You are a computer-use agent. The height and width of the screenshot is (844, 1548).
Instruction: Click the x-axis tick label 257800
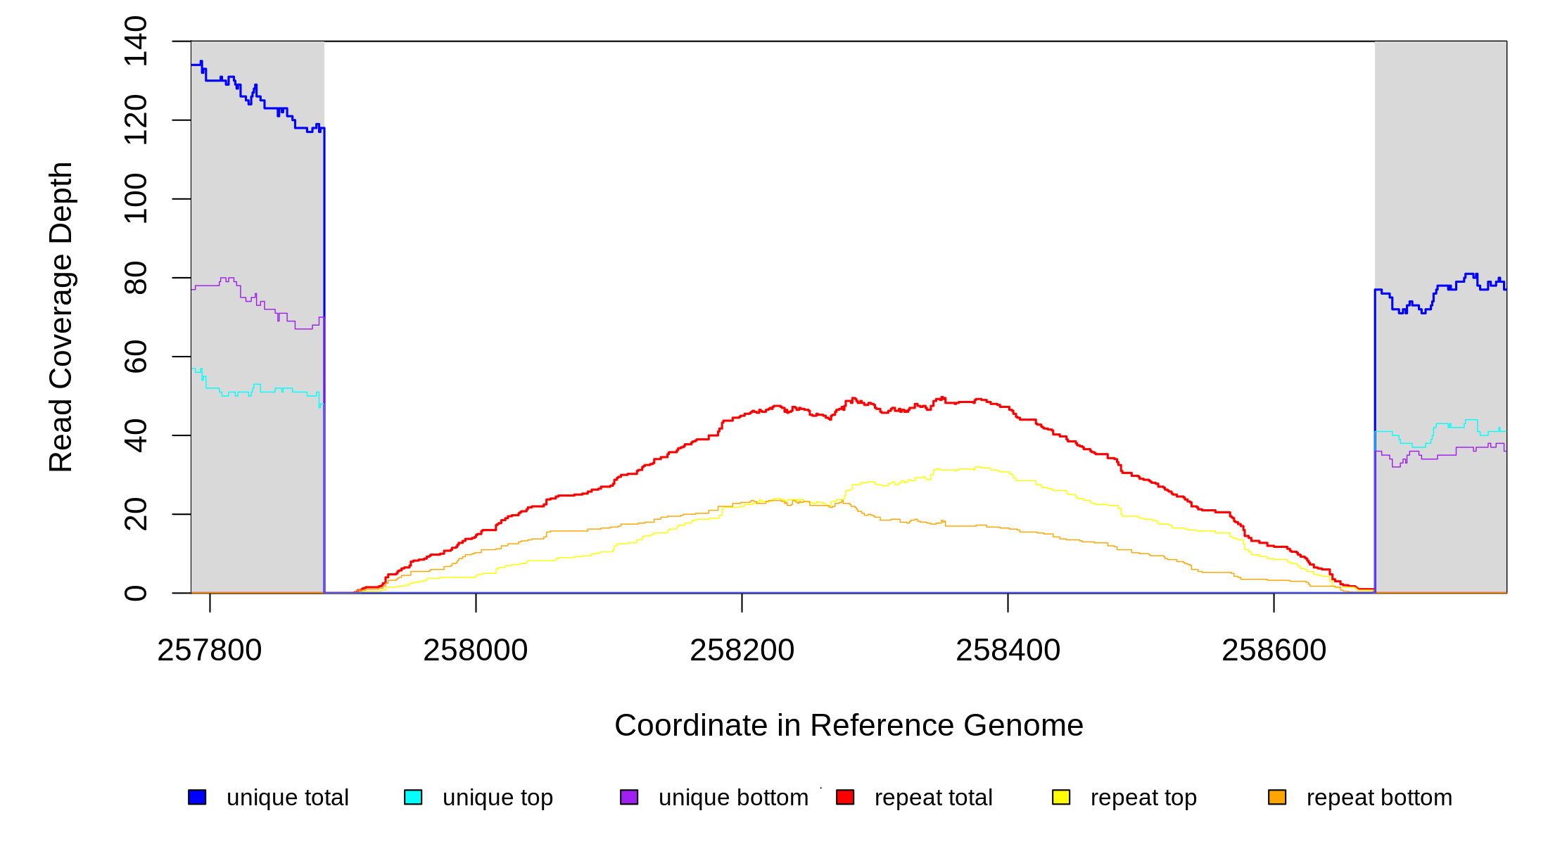209,651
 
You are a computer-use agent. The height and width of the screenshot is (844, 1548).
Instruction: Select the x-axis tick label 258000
475,651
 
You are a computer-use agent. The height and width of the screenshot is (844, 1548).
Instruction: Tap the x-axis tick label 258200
742,651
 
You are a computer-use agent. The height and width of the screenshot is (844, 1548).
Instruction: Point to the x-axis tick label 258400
1008,651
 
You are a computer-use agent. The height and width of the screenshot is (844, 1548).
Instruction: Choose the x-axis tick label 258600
1274,651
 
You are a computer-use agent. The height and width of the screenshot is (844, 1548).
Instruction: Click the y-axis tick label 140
136,41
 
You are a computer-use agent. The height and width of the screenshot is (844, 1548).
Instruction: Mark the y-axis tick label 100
136,199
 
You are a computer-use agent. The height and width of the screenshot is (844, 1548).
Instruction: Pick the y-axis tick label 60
136,357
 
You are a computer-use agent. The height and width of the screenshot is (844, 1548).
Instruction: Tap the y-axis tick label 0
136,593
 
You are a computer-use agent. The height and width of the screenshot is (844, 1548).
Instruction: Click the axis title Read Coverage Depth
61,316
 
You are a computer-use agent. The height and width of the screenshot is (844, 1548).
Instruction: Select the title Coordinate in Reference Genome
849,725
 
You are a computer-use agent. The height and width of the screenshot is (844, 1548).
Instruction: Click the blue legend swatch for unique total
197,797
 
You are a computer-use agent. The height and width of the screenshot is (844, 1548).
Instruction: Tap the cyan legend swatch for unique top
413,797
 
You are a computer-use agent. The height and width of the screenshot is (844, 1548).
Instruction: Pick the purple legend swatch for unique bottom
629,797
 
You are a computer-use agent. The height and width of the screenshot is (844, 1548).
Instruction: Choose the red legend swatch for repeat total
845,797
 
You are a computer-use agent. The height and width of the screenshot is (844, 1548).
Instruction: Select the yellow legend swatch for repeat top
1061,797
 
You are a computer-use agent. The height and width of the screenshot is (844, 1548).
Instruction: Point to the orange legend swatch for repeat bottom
1277,797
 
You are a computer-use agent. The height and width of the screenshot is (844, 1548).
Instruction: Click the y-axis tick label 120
136,120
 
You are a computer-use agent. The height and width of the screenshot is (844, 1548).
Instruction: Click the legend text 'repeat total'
933,798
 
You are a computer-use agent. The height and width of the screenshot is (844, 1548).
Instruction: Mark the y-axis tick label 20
136,514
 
